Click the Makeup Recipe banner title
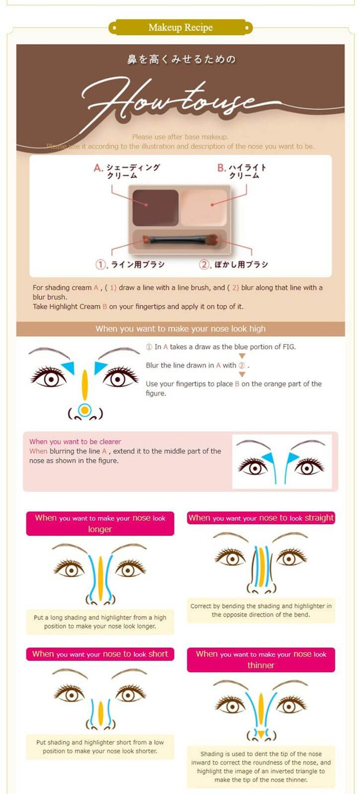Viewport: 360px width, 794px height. [180, 27]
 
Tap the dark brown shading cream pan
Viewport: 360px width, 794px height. [155, 207]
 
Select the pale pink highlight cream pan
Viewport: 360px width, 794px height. [204, 207]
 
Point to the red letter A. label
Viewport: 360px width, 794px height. [98, 168]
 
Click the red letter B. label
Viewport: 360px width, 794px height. [221, 168]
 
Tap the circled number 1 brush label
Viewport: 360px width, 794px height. [101, 265]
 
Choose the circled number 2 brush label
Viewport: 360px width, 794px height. [204, 265]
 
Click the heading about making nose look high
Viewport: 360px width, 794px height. [180, 329]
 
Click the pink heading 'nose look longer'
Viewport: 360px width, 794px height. [100, 523]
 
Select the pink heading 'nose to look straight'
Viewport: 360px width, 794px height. [261, 518]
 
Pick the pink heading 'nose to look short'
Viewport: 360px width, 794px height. [100, 654]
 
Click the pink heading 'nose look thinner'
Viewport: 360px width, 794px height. [261, 660]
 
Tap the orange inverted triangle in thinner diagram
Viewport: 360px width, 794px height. [260, 733]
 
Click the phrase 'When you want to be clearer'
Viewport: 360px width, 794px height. [75, 442]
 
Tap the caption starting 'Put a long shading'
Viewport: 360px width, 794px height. [100, 622]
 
